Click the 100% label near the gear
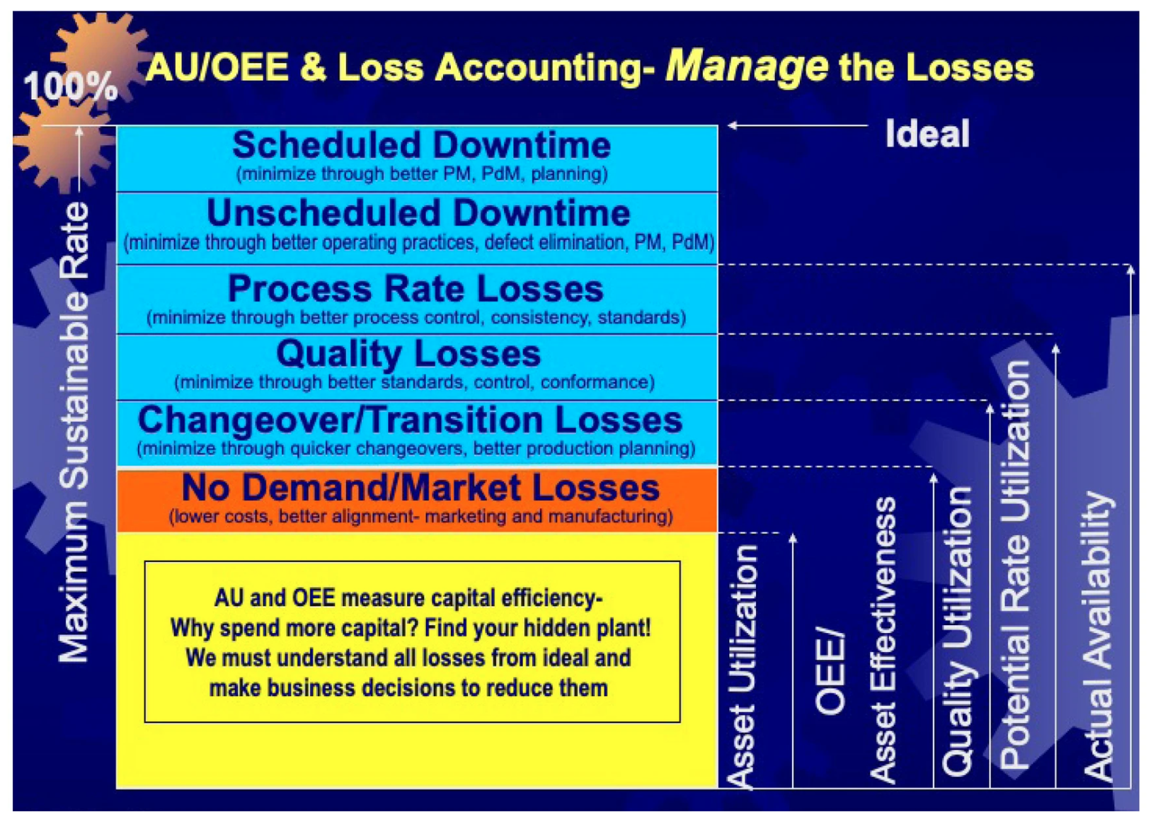(x=71, y=86)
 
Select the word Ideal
(x=927, y=133)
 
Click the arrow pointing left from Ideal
(x=798, y=125)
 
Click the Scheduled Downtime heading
(x=421, y=144)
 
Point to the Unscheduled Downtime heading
(x=418, y=212)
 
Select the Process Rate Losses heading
(x=415, y=288)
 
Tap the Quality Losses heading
(x=408, y=354)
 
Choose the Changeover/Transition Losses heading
(x=410, y=419)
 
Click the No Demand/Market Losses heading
(x=421, y=487)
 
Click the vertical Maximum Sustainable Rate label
(x=74, y=432)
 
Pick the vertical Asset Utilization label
(x=742, y=667)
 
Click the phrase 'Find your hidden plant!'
(x=538, y=628)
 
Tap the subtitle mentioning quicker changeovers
(x=416, y=448)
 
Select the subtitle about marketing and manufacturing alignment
(x=421, y=516)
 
